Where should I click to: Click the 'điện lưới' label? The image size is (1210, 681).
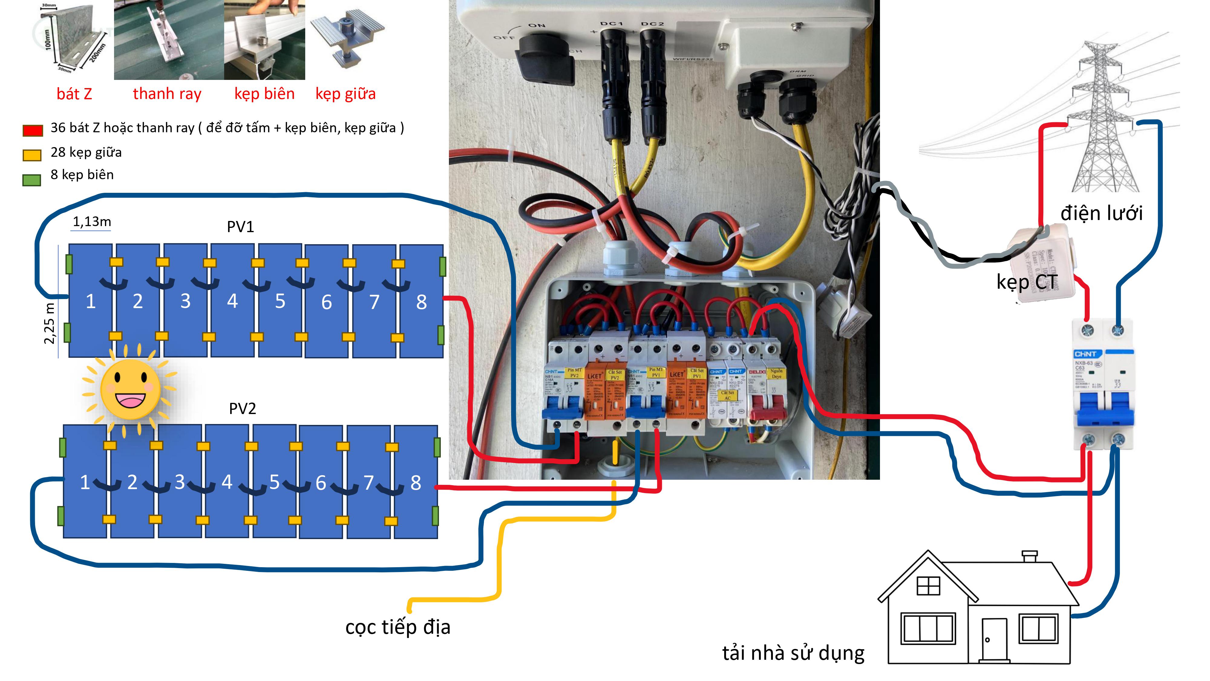(1101, 213)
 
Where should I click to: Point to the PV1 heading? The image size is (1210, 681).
(240, 227)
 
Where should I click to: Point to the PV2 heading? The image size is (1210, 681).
(242, 408)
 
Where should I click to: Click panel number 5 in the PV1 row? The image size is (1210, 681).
(280, 301)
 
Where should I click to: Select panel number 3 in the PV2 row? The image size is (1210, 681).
(179, 482)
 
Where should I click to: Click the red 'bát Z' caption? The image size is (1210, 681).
(74, 94)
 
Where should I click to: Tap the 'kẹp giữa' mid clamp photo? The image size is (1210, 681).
(347, 40)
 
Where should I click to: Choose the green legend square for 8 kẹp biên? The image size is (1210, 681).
(32, 179)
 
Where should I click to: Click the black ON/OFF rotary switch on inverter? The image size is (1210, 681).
(545, 59)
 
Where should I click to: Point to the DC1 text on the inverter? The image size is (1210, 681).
(611, 24)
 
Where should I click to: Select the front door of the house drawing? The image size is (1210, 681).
(994, 639)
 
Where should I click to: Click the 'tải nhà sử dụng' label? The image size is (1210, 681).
(793, 653)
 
